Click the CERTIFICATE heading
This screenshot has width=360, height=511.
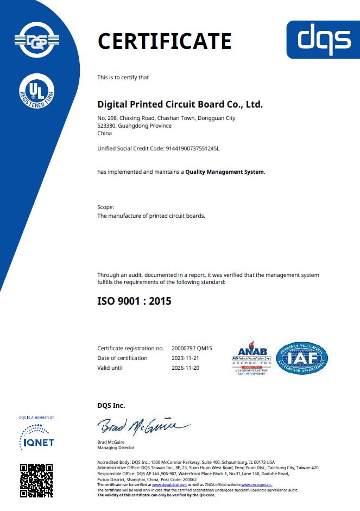tap(164, 41)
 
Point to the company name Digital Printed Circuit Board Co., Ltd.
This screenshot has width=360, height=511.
tap(180, 104)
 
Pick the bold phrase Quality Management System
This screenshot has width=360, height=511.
tap(225, 172)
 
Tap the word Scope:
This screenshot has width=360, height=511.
tap(106, 207)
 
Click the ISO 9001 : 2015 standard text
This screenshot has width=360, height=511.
tap(134, 300)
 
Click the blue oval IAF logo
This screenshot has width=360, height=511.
tap(302, 358)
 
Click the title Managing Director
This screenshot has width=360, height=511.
tap(116, 447)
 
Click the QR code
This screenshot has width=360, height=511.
tap(36, 480)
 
